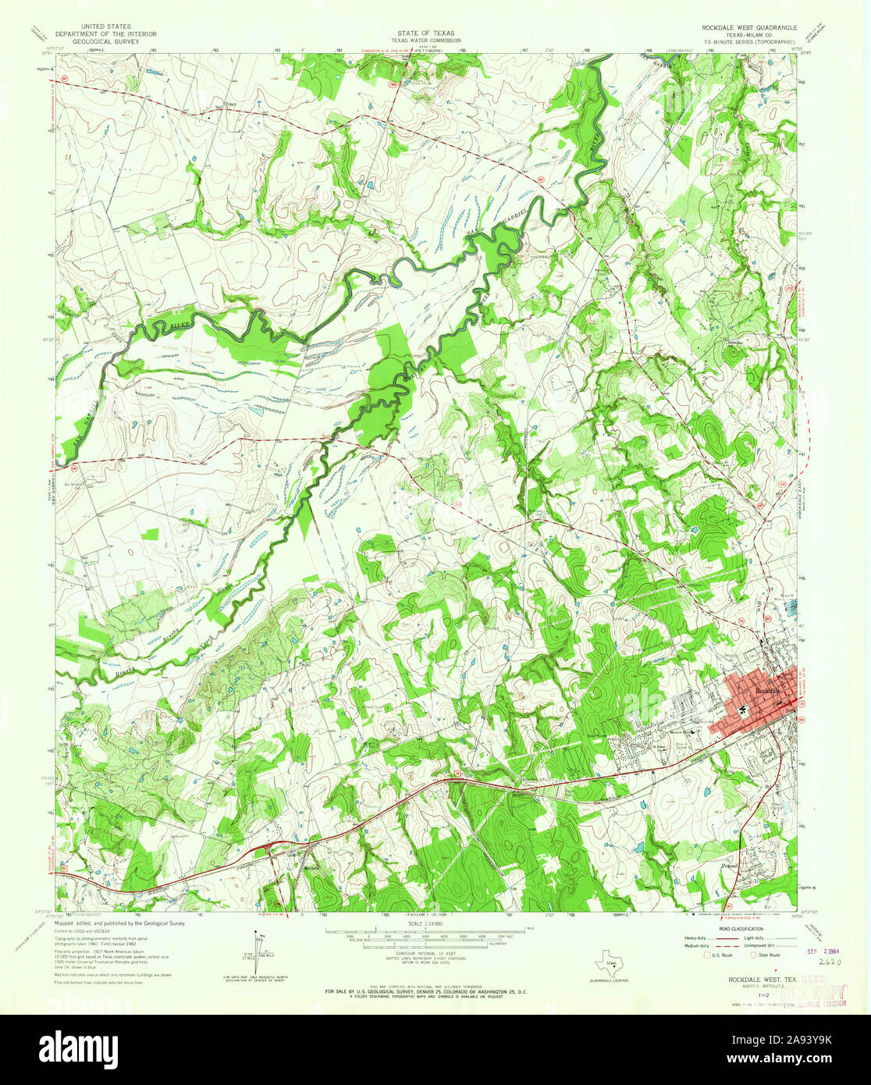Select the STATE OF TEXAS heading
click(425, 34)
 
